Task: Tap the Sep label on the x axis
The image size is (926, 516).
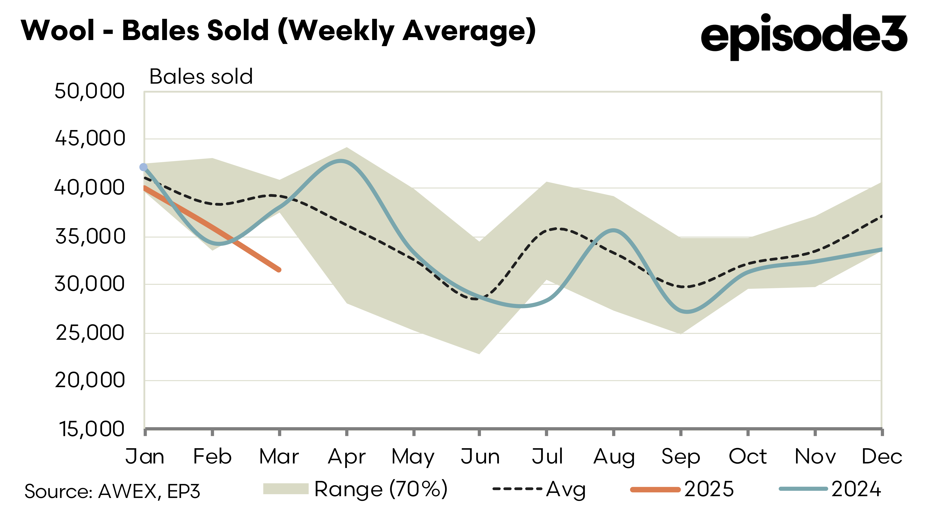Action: coord(680,457)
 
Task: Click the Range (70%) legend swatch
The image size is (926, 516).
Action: coord(286,489)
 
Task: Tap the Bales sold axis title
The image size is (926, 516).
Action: coord(201,77)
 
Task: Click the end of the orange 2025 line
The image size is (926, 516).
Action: coord(279,270)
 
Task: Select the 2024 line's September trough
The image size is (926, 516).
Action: coord(687,312)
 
